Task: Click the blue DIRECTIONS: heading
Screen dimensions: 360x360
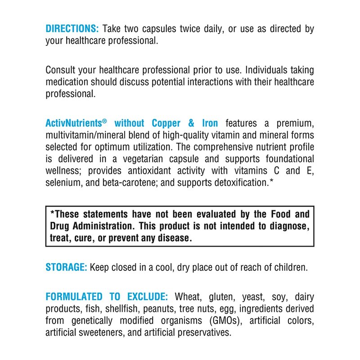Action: point(72,29)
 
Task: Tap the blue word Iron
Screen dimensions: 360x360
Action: point(210,123)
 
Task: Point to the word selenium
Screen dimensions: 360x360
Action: point(63,182)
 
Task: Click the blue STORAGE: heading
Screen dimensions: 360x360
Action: point(66,267)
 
